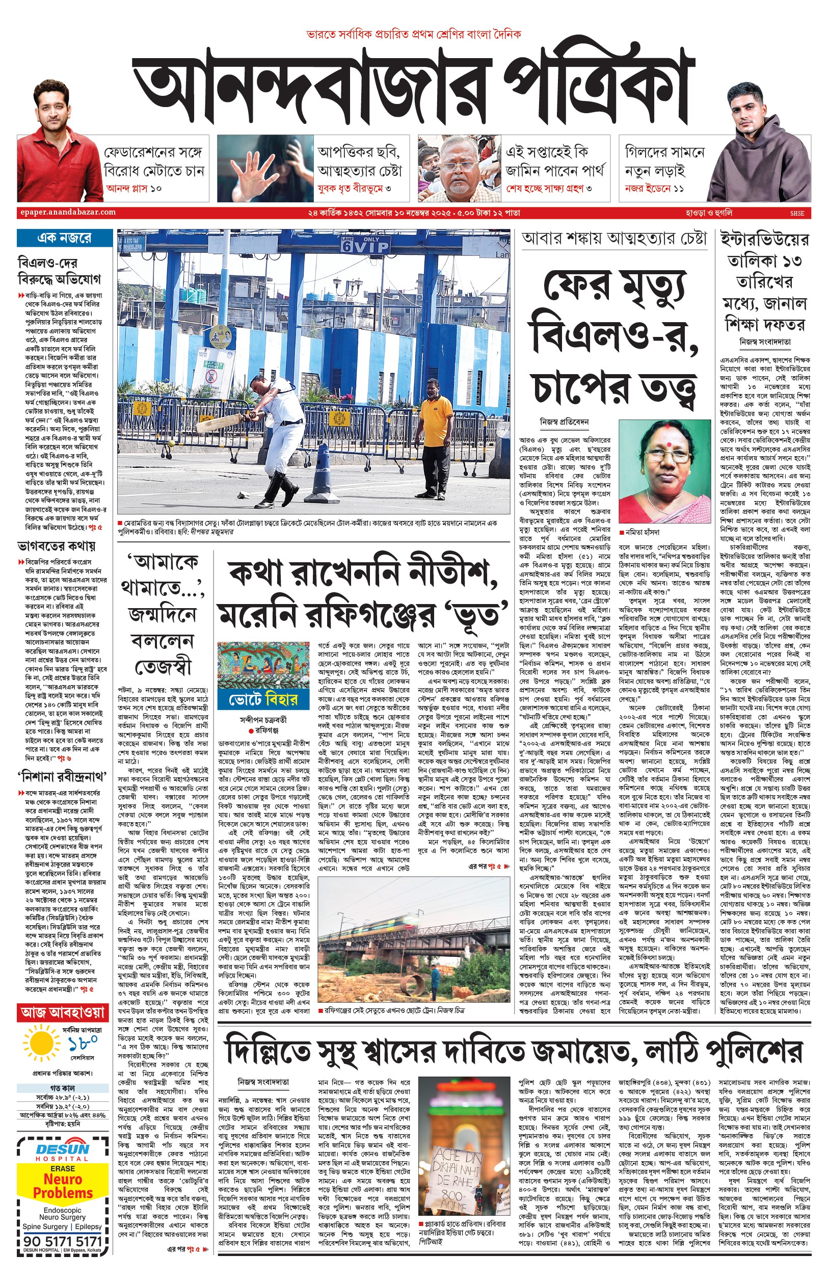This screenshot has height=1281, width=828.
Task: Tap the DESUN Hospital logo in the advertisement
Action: tap(63, 1152)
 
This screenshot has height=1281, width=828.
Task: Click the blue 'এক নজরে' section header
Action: tap(64, 238)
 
